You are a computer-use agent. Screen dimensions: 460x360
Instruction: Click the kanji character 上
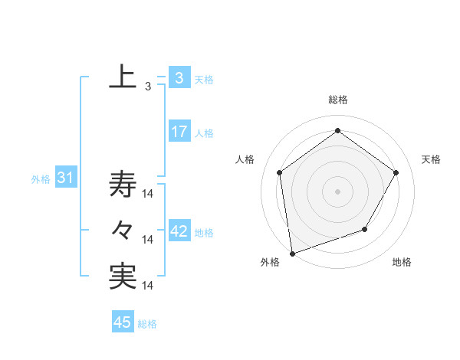(x=123, y=77)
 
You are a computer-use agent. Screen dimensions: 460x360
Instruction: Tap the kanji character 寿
(x=123, y=184)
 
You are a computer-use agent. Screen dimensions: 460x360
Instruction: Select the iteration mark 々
(x=123, y=230)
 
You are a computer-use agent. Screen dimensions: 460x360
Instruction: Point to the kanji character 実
(x=123, y=277)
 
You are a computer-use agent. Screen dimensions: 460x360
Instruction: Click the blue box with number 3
(x=179, y=77)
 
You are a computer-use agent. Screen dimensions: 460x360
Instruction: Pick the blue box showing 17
(x=179, y=131)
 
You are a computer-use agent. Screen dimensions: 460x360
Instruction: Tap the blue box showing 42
(x=179, y=231)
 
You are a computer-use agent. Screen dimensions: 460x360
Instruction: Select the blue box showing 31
(x=65, y=178)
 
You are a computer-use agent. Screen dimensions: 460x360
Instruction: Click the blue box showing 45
(x=123, y=322)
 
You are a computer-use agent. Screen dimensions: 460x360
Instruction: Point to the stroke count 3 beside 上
(x=147, y=87)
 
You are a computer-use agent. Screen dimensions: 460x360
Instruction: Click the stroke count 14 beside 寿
(x=149, y=194)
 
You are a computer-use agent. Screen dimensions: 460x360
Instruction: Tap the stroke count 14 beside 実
(x=149, y=286)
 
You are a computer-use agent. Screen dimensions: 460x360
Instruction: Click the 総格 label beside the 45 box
(x=147, y=324)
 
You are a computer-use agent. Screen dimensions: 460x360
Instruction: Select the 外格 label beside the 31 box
(x=41, y=179)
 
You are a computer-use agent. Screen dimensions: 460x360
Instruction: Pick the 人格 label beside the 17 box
(x=204, y=133)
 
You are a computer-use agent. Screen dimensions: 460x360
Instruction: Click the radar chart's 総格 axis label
(x=337, y=100)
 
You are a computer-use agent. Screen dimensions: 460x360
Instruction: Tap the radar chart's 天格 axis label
(x=432, y=159)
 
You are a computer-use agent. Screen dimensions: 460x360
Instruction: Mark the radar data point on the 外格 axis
(x=292, y=253)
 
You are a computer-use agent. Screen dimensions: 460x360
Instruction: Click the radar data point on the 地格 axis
(x=365, y=229)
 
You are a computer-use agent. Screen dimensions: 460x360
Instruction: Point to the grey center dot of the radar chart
(x=337, y=191)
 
